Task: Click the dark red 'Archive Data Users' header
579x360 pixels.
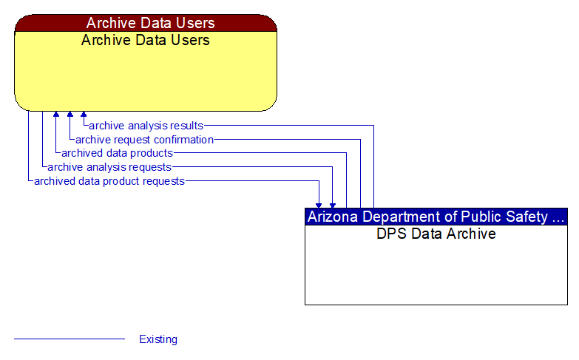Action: coord(146,23)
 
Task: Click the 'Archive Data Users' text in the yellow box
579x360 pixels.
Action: coord(146,40)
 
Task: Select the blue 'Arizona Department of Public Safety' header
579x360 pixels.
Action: coord(436,217)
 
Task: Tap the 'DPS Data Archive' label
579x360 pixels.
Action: coord(436,234)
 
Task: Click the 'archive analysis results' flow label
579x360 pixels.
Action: coord(146,126)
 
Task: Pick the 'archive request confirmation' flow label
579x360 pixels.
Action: coord(144,140)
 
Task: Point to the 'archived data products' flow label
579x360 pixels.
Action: coord(117,153)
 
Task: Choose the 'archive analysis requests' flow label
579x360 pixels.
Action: coord(109,167)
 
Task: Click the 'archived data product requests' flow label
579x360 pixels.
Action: coord(109,180)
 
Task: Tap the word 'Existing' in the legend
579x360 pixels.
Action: coord(158,339)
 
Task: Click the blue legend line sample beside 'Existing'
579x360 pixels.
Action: coord(70,339)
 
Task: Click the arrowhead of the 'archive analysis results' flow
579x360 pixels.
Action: coord(84,115)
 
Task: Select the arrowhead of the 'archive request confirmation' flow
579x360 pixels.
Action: coord(70,115)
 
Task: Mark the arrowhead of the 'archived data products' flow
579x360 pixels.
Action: coord(55,115)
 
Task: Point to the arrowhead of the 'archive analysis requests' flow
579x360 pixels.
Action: coord(333,205)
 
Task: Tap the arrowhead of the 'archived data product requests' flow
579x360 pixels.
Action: coord(319,205)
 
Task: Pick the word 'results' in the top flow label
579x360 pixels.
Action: coord(186,126)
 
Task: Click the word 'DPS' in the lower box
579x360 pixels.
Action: coord(391,234)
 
